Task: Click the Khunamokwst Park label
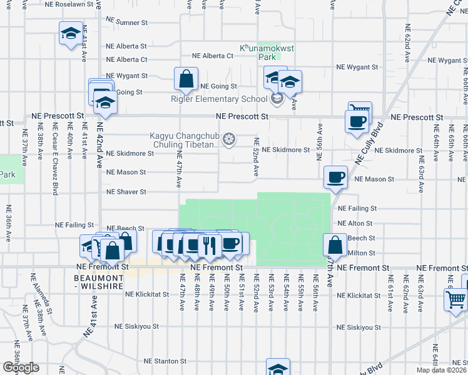[x=261, y=51]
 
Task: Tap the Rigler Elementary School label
[x=219, y=99]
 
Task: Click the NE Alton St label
[x=354, y=223]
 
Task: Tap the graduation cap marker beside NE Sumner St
[x=71, y=32]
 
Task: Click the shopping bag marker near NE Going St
[x=186, y=79]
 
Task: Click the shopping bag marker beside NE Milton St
[x=335, y=245]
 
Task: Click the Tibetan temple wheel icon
[x=229, y=138]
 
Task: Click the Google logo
[x=20, y=367]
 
